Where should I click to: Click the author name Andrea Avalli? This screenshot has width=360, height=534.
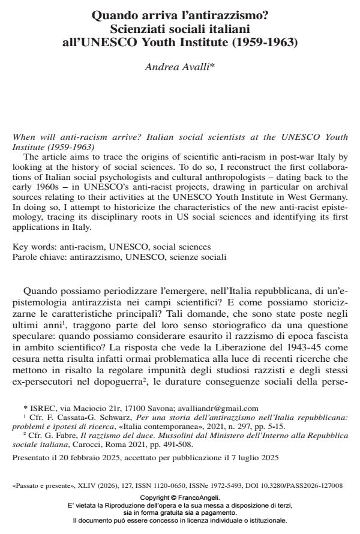pyautogui.click(x=180, y=66)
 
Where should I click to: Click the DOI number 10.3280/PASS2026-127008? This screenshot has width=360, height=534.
pyautogui.click(x=298, y=485)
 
